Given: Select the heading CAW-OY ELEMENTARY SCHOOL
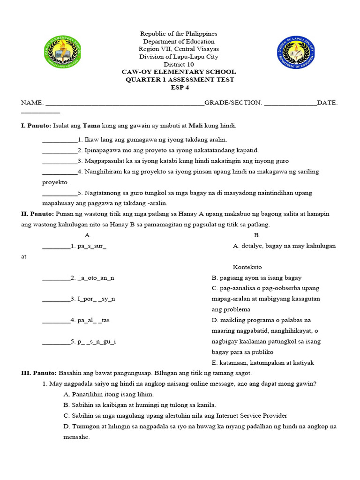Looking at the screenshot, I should coord(179,72).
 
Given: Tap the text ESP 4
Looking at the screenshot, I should coord(179,87).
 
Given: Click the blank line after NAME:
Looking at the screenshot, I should coord(124,103).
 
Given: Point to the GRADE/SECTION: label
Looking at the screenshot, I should coord(233,103).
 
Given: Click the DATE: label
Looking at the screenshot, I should coord(327,103).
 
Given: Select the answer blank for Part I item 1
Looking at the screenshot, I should coord(60,140).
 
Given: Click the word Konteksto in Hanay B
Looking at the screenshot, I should coord(247,267).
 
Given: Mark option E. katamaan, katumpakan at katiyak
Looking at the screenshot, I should coord(262,362).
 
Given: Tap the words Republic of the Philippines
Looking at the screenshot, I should coord(179,34).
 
